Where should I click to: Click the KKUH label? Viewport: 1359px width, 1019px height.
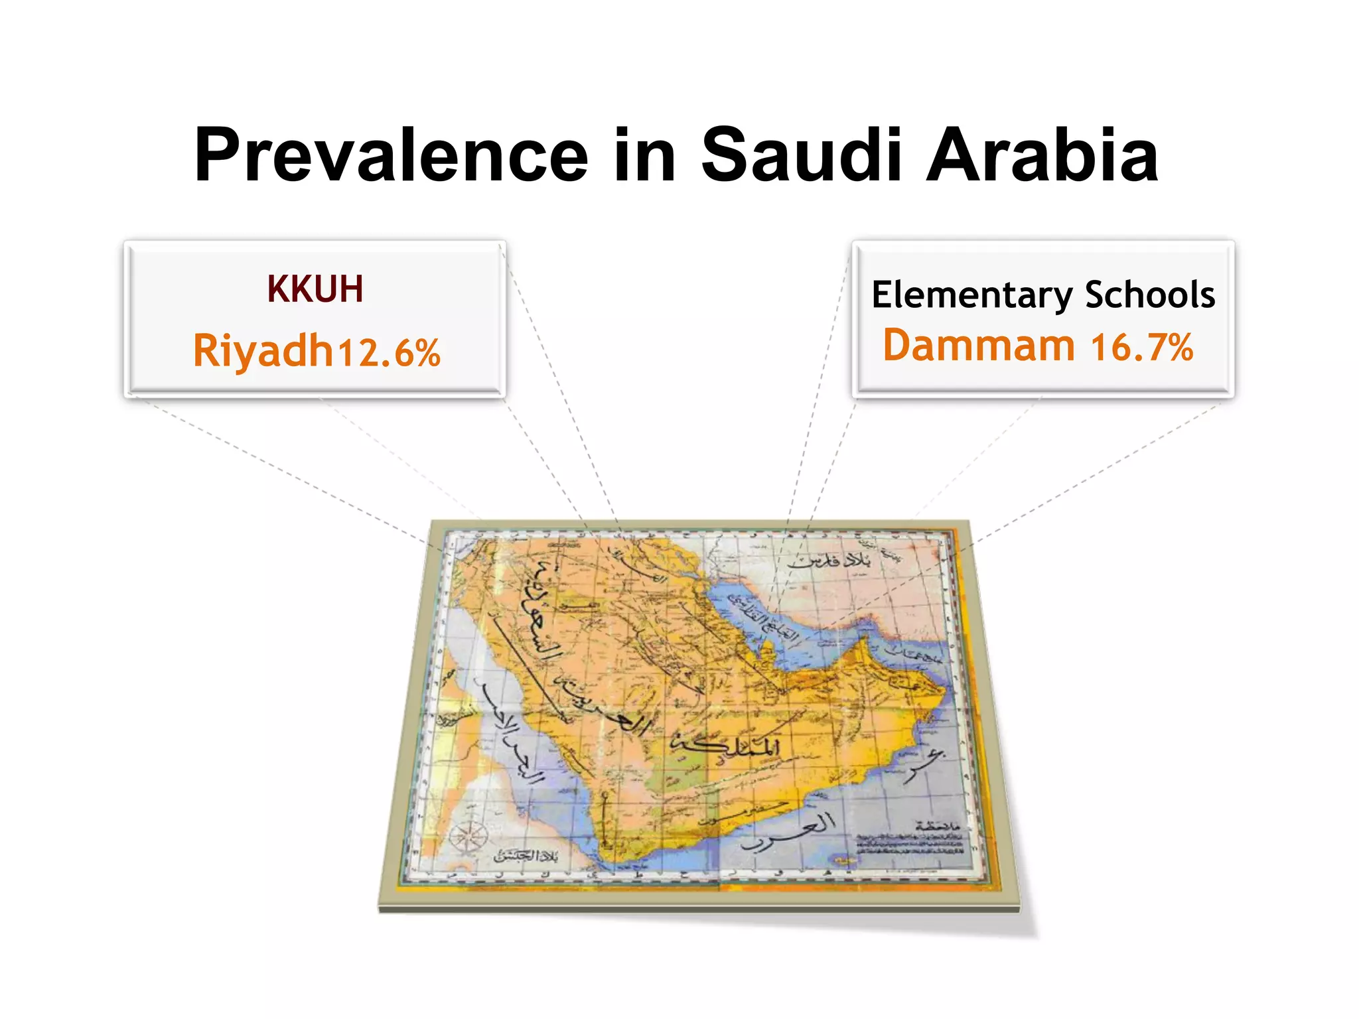(315, 289)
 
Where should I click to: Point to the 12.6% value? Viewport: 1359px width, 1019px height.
(389, 352)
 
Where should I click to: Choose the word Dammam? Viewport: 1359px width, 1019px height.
(979, 346)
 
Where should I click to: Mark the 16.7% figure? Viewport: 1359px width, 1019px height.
(1141, 348)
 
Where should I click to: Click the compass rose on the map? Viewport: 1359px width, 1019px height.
(468, 835)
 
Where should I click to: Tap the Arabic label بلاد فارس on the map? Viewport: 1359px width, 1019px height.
(830, 561)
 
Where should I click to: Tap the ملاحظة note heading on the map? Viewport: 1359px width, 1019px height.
(937, 825)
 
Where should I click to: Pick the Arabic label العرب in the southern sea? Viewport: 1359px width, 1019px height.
(790, 833)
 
